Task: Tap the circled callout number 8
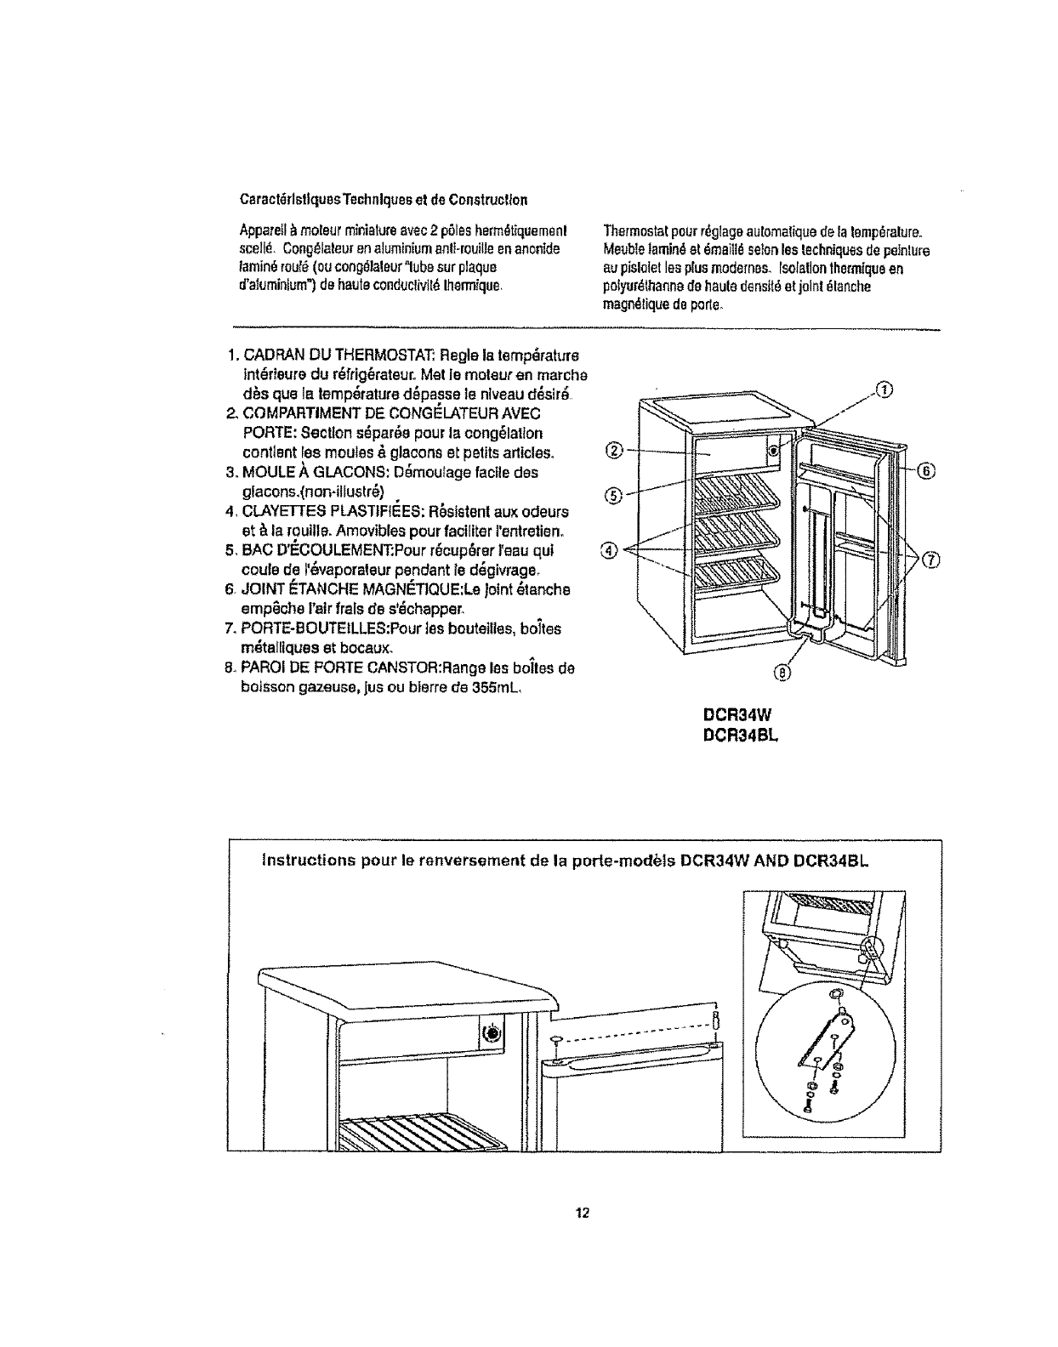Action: (782, 674)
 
